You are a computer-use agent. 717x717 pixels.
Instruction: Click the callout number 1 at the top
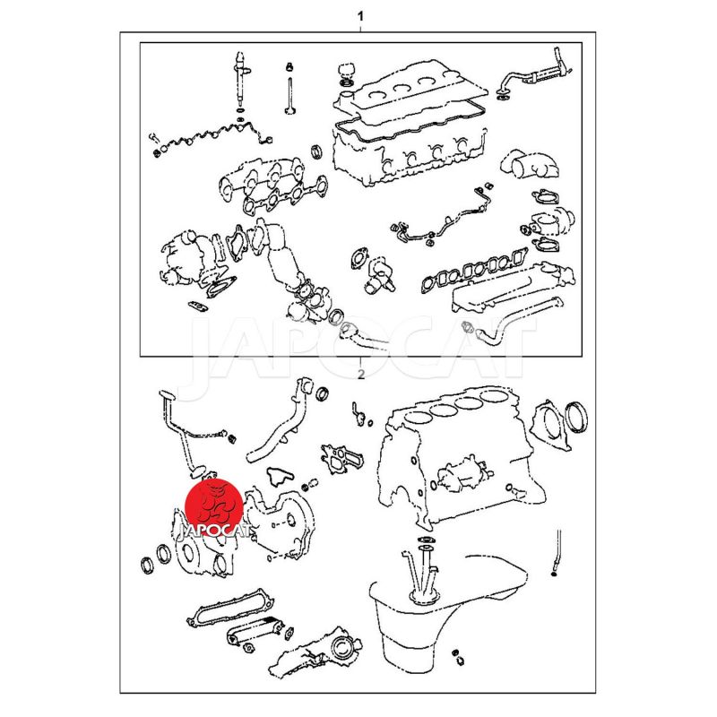(360, 16)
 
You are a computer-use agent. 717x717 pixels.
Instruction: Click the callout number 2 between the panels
(361, 375)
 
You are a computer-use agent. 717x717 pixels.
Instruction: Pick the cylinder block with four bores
(457, 462)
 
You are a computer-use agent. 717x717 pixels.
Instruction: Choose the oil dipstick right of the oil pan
(557, 552)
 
